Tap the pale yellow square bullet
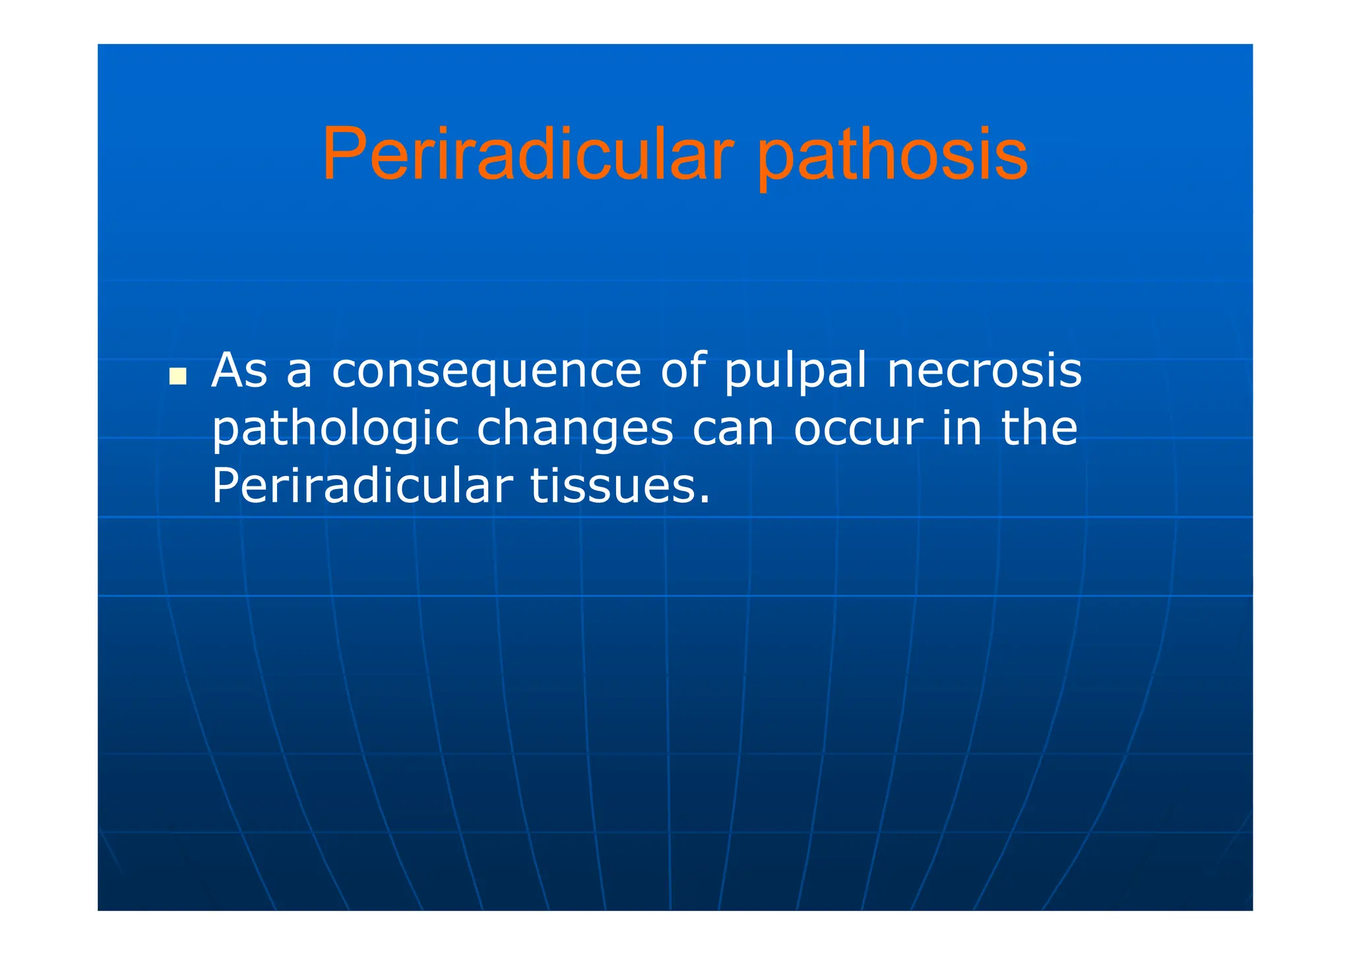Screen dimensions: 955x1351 point(177,376)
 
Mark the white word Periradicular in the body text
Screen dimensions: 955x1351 point(361,486)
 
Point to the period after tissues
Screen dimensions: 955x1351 point(705,500)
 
